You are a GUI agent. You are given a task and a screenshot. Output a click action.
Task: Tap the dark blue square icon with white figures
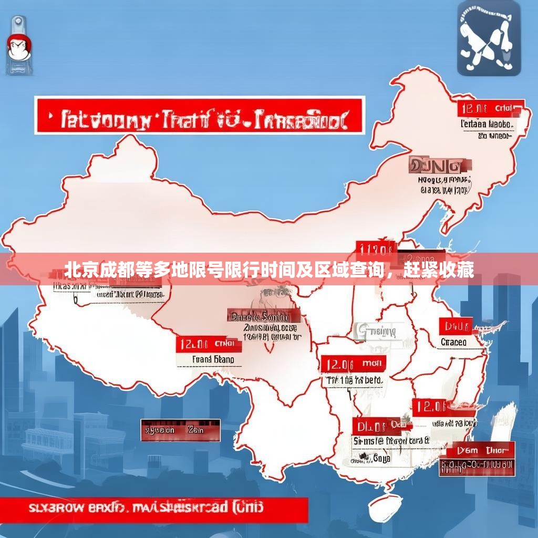point(488,38)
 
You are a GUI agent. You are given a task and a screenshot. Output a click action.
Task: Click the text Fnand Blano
point(209,360)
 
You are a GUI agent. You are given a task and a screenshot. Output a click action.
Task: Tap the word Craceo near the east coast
point(453,342)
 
